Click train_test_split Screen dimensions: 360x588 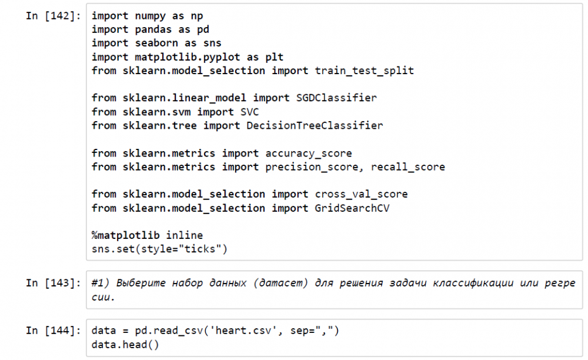(x=365, y=71)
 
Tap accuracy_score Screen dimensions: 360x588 (x=309, y=153)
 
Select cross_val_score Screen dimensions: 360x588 (x=362, y=194)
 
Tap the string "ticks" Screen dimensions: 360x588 (x=200, y=249)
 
